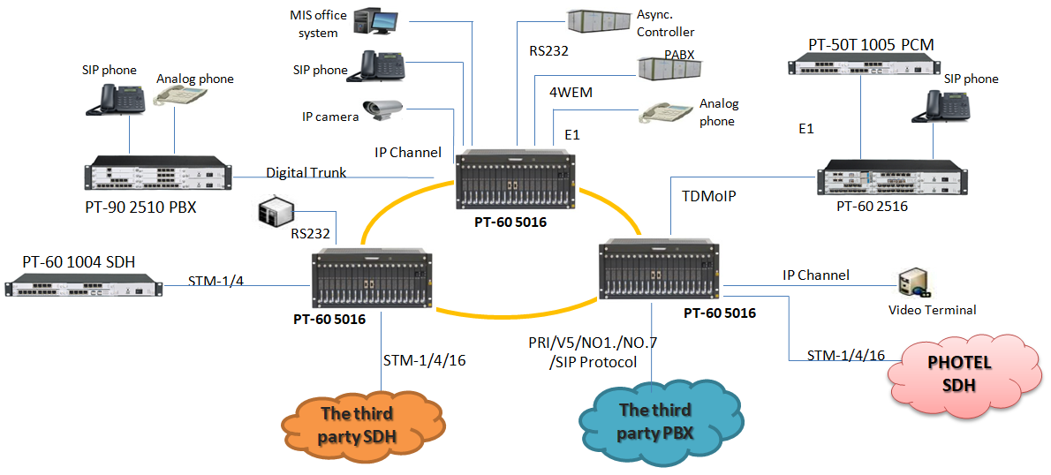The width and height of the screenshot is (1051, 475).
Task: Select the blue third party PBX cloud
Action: point(655,420)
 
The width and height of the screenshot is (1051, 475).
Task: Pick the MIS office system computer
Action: point(374,20)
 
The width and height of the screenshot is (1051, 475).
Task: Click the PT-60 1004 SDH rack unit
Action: point(84,286)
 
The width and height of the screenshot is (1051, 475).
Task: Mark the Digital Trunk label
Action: point(306,172)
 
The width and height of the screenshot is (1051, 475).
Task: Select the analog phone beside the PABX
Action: point(667,113)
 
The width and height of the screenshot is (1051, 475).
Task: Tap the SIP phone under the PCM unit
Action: point(949,105)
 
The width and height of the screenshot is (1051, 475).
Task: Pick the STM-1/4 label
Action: point(217,282)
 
